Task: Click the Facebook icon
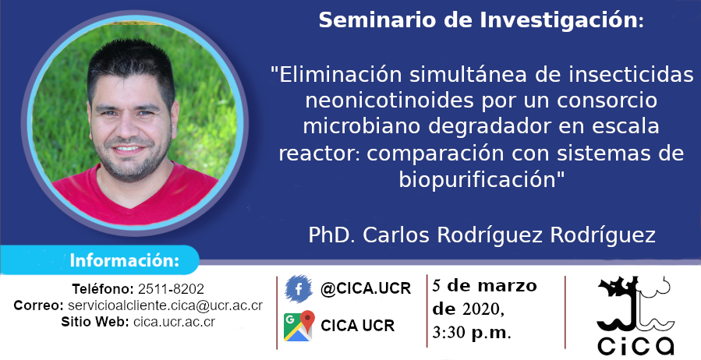point(299,289)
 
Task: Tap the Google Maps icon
point(299,326)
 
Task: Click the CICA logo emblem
point(636,315)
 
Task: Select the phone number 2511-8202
point(171,289)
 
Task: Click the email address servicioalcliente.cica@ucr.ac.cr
point(165,305)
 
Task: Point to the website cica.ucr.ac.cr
point(175,322)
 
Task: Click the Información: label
point(124,260)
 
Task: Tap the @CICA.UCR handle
point(366,289)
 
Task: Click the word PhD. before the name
point(333,235)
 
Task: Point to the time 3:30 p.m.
point(471,332)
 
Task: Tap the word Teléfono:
point(103,289)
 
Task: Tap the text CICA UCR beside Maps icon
point(358,326)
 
